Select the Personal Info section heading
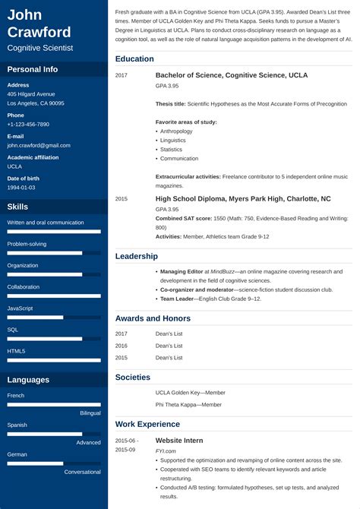point(33,69)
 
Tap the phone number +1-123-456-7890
point(28,124)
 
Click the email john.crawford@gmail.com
point(39,145)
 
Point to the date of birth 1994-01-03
point(21,187)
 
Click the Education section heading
point(134,58)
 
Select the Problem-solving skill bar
point(54,253)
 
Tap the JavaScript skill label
point(20,308)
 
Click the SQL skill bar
point(54,339)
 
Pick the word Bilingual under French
point(90,413)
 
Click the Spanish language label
point(17,425)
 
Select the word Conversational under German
point(83,472)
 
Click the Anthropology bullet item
point(176,131)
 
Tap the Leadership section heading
point(137,256)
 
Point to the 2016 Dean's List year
point(122,345)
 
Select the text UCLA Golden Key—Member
point(191,393)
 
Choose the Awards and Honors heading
point(153,318)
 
